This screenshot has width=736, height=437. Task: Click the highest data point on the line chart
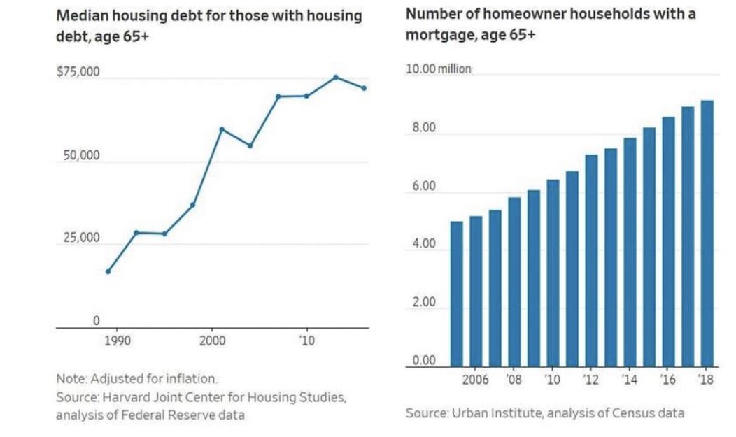point(335,77)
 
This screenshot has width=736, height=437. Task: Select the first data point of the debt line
point(108,271)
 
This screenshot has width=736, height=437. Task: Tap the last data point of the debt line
point(364,88)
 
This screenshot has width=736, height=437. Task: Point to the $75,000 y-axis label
point(78,72)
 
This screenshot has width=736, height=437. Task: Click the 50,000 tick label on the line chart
point(81,155)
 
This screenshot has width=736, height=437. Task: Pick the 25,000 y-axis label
point(81,238)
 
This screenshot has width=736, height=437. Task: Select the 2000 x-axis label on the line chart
point(212,341)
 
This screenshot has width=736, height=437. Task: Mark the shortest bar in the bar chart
point(456,294)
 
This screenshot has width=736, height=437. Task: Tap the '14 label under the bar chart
point(630,380)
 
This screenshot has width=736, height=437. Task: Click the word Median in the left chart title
point(78,16)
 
